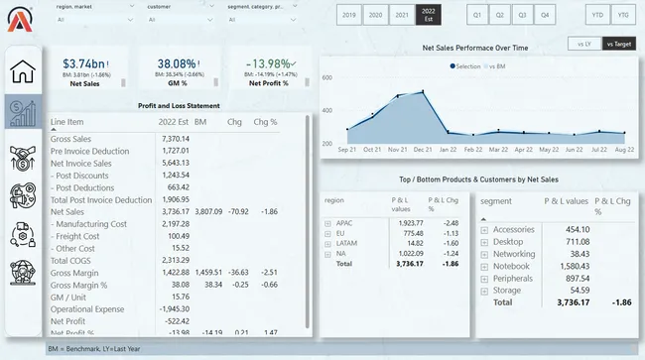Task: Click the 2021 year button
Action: click(x=400, y=16)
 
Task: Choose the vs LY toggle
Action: click(x=579, y=44)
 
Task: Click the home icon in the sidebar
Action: click(x=23, y=71)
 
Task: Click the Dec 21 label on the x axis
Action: click(x=424, y=150)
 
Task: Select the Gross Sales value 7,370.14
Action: click(x=174, y=138)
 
